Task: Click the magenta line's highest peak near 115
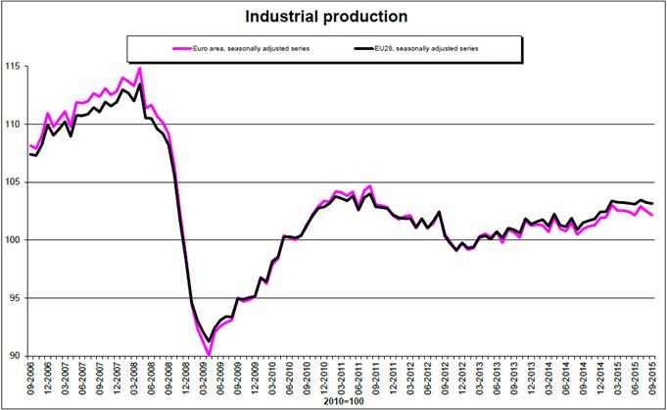(x=140, y=69)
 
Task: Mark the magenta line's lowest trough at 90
(x=209, y=354)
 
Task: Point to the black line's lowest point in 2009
(x=209, y=340)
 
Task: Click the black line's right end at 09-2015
(x=652, y=203)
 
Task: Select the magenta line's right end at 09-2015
(x=652, y=214)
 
